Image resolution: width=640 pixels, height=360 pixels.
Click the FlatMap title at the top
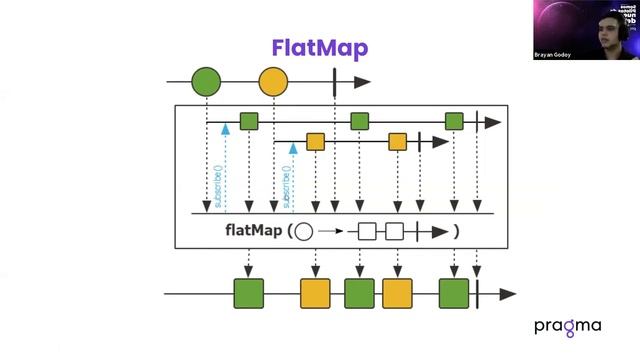320,48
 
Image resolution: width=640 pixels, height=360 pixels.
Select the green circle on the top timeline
206,82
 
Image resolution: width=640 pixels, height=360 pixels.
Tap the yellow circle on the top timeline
273,82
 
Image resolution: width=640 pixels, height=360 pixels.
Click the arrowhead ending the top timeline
361,82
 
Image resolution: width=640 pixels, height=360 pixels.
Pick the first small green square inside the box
249,122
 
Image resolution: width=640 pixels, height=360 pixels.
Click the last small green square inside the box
455,122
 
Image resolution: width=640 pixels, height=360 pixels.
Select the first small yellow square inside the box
316,142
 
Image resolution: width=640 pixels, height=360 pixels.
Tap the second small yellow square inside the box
398,142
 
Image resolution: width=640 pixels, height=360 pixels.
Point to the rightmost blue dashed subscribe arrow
293,175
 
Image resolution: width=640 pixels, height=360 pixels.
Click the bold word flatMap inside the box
252,231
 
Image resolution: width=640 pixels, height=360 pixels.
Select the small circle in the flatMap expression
304,231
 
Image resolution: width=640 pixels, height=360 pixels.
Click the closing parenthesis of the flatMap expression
455,231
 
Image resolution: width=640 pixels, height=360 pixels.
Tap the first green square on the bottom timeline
248,294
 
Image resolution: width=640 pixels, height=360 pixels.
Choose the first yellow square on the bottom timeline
315,294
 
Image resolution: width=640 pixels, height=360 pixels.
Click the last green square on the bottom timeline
454,294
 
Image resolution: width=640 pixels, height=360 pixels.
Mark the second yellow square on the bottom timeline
397,294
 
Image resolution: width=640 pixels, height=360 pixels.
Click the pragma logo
567,327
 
